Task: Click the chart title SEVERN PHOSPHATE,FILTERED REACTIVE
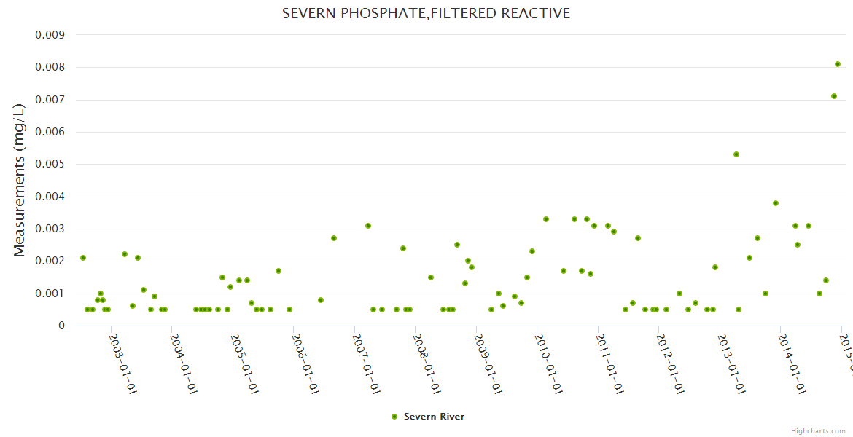point(426,14)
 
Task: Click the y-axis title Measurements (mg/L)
point(20,179)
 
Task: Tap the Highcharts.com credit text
point(818,431)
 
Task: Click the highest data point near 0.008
point(838,64)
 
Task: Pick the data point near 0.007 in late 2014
point(834,96)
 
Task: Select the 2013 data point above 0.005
point(736,154)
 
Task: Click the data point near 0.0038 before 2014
point(776,203)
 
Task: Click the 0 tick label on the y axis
point(62,326)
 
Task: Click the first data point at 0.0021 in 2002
point(83,258)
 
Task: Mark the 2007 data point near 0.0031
point(368,226)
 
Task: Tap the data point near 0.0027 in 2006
point(334,238)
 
